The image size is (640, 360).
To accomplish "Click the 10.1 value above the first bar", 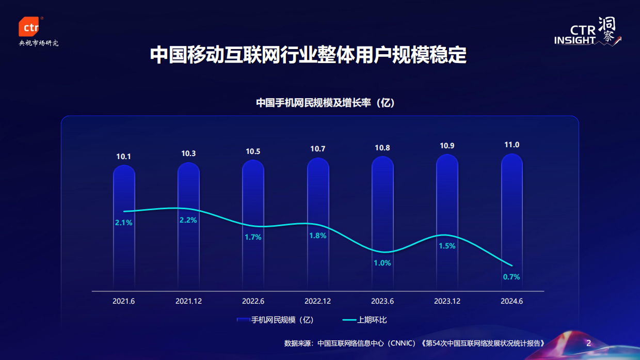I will [124, 156].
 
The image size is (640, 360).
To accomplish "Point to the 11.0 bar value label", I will [511, 145].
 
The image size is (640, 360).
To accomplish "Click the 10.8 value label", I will [382, 148].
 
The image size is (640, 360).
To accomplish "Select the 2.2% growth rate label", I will [188, 220].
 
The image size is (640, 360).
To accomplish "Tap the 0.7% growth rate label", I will [511, 277].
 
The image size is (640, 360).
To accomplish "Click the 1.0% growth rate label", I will [382, 263].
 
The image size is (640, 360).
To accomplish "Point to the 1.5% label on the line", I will [447, 246].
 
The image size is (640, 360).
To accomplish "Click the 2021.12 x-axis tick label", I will [188, 301].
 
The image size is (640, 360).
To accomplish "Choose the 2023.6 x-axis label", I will [382, 301].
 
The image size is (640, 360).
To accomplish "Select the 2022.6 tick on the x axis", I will [253, 301].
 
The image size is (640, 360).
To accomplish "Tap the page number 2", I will [588, 343].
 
